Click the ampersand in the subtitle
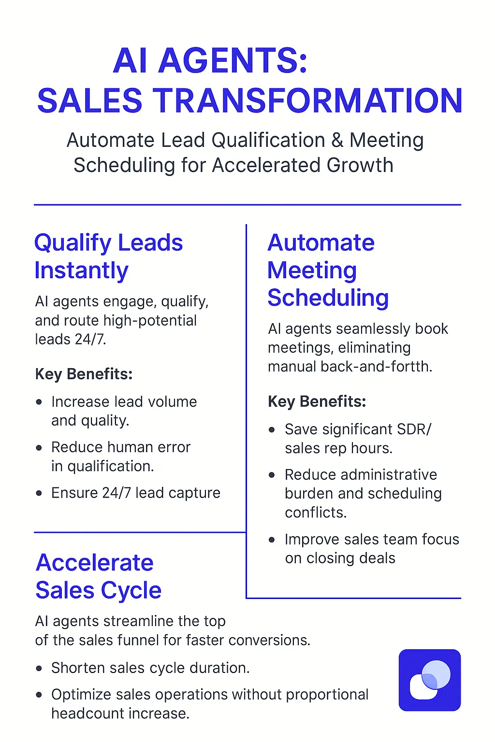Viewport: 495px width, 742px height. coord(337,141)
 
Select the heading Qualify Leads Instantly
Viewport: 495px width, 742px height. coord(108,256)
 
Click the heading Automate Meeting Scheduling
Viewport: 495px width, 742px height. coord(328,270)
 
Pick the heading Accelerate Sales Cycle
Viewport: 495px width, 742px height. coord(98,576)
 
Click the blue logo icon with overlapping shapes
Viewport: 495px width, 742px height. coord(429,680)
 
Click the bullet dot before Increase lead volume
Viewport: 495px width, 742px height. coord(39,402)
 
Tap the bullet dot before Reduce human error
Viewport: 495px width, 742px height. coord(39,448)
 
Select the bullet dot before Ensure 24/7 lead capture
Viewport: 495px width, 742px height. coord(39,493)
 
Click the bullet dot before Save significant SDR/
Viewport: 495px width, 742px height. coord(272,429)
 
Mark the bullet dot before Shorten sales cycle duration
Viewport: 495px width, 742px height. coord(39,669)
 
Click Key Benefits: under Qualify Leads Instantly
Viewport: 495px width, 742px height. coord(84,374)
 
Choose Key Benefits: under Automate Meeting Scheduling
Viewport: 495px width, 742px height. coord(317,401)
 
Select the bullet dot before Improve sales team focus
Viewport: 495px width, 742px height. coord(272,540)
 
